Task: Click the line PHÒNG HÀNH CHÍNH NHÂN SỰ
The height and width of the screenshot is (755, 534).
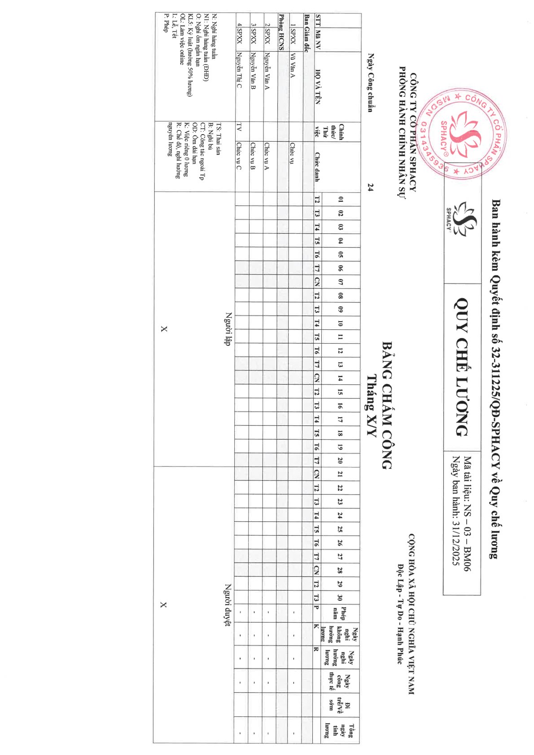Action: (402, 132)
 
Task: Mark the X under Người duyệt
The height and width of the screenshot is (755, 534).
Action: (163, 605)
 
